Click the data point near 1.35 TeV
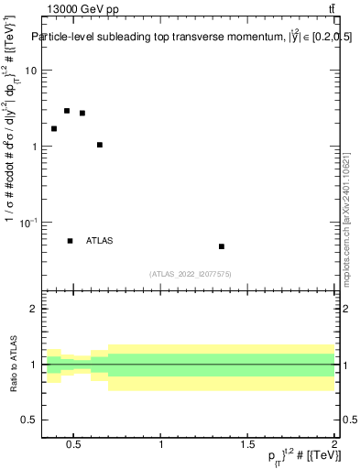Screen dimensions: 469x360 [222, 246]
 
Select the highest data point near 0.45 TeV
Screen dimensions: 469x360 [67, 111]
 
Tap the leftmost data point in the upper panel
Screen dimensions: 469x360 [54, 128]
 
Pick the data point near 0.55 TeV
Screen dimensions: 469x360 [82, 114]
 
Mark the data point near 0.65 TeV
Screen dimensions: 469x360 [100, 145]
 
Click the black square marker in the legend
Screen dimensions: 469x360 [71, 241]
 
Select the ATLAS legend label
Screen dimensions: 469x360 [100, 241]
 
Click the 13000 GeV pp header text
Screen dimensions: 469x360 [82, 9]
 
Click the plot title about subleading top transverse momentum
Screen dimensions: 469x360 [192, 37]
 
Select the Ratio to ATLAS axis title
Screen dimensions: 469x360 [13, 364]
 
